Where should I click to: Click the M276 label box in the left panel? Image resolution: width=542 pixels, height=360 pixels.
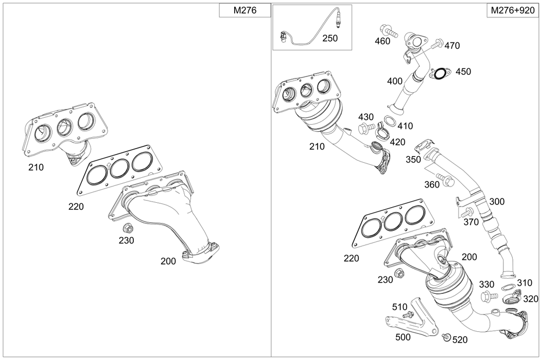[x=245, y=10]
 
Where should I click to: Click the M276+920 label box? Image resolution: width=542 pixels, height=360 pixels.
[x=513, y=10]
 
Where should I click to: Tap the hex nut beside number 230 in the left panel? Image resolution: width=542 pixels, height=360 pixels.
[x=128, y=228]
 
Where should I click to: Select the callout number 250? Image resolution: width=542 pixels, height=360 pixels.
[x=330, y=38]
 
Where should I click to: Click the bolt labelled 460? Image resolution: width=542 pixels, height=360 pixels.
[x=389, y=30]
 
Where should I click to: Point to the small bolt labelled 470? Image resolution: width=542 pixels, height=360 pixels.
[x=437, y=44]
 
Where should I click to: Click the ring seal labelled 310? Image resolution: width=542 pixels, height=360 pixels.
[x=507, y=287]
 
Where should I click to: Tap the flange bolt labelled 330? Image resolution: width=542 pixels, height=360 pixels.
[x=489, y=297]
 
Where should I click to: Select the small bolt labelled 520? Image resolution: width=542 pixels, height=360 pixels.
[x=446, y=336]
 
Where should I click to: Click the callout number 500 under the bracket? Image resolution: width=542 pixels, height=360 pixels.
[x=403, y=337]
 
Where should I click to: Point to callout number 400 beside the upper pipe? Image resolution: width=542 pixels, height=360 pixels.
[x=395, y=81]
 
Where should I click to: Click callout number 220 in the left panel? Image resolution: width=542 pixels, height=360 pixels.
[x=76, y=207]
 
